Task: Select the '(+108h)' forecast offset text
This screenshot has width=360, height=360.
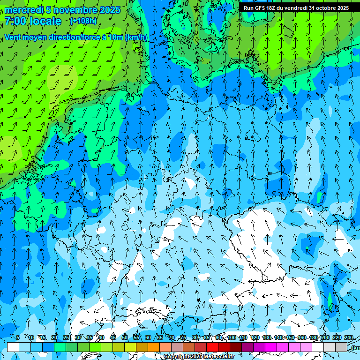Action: pyautogui.click(x=83, y=21)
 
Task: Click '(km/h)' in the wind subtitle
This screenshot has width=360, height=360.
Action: pyautogui.click(x=136, y=37)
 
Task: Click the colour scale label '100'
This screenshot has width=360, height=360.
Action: pyautogui.click(x=232, y=337)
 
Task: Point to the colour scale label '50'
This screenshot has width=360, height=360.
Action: pyautogui.click(x=125, y=337)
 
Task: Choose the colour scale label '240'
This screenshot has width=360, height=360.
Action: pyautogui.click(x=349, y=337)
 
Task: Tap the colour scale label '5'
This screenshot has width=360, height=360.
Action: pyautogui.click(x=18, y=337)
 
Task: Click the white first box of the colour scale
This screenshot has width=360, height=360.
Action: pyautogui.click(x=13, y=347)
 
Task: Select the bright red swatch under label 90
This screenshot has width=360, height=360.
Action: pyautogui.click(x=212, y=347)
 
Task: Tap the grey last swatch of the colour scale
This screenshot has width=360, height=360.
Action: pyautogui.click(x=341, y=347)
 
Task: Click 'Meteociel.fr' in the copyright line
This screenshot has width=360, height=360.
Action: pyautogui.click(x=219, y=357)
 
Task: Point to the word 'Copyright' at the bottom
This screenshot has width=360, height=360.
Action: pyautogui.click(x=175, y=357)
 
